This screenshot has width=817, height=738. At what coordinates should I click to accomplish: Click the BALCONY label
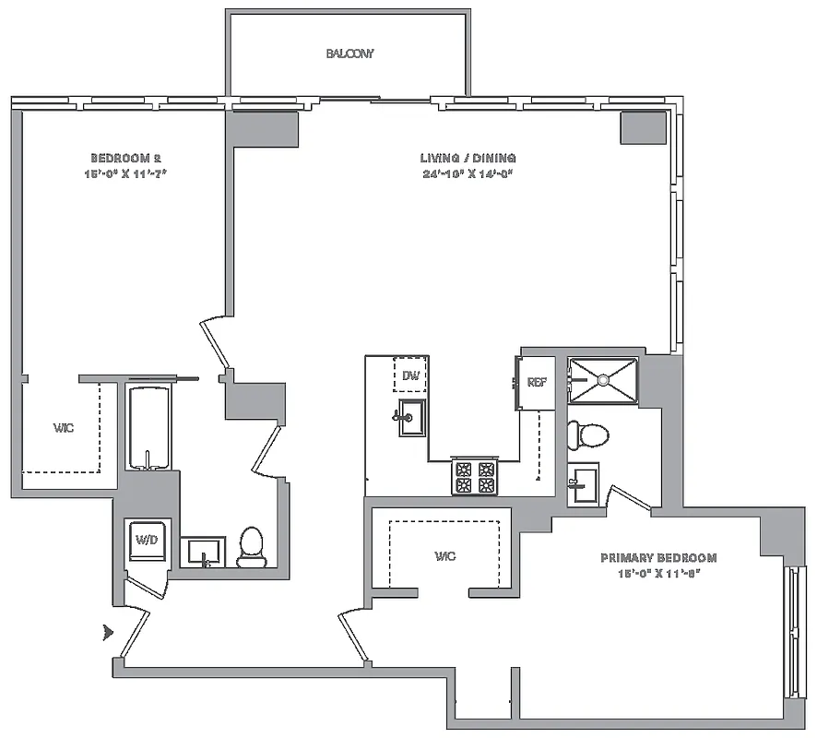(x=350, y=54)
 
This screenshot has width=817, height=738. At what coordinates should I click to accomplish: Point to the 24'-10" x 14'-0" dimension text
(x=468, y=173)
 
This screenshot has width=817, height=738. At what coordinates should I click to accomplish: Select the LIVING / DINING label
(x=468, y=158)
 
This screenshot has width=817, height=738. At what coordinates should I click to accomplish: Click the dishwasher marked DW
(x=409, y=375)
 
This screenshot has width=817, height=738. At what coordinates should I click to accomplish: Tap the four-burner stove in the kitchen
(x=474, y=477)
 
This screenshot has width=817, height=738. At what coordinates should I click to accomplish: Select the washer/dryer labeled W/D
(x=146, y=540)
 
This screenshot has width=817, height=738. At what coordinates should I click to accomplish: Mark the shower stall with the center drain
(x=602, y=379)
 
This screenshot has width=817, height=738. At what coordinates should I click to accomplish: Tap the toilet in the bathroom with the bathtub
(x=252, y=547)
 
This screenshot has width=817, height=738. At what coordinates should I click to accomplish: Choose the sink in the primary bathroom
(x=583, y=484)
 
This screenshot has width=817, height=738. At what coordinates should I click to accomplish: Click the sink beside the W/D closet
(x=202, y=553)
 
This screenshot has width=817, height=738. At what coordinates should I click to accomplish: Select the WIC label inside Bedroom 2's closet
(x=64, y=428)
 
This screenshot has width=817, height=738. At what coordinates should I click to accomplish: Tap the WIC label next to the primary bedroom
(x=446, y=556)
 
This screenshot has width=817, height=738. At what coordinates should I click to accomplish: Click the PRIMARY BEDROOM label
(x=657, y=558)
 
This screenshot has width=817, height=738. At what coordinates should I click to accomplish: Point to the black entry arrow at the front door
(x=109, y=633)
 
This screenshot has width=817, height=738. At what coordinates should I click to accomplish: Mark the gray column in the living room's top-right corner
(x=642, y=127)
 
